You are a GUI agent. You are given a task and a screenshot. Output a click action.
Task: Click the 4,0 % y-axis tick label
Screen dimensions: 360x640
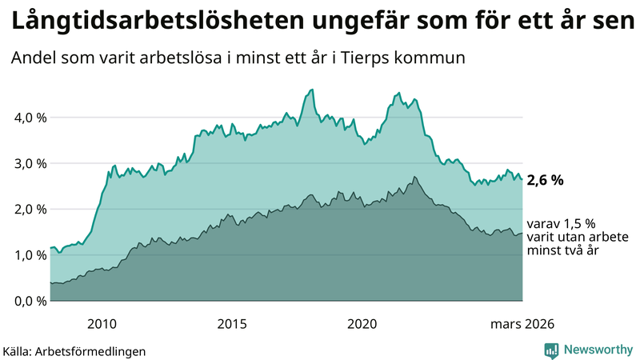click(30, 118)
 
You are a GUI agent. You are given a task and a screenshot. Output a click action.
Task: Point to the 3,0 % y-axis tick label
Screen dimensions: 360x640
click(30, 163)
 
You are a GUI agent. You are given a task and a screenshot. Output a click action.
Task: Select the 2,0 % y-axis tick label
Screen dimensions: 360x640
click(30, 210)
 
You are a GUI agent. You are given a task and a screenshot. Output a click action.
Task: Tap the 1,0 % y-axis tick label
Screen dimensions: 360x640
click(30, 255)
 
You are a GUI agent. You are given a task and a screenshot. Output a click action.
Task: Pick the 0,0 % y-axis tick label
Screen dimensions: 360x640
click(30, 301)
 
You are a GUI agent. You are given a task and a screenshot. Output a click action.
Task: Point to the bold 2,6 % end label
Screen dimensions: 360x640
click(545, 181)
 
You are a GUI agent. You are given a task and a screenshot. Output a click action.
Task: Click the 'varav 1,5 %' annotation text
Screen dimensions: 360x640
click(559, 223)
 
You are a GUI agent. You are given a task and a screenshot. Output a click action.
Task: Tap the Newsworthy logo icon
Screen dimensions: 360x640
click(551, 350)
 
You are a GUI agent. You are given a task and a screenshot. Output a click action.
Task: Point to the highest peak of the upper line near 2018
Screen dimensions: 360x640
click(312, 90)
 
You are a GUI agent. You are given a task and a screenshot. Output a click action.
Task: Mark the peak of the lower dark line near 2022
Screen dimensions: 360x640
click(414, 177)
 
